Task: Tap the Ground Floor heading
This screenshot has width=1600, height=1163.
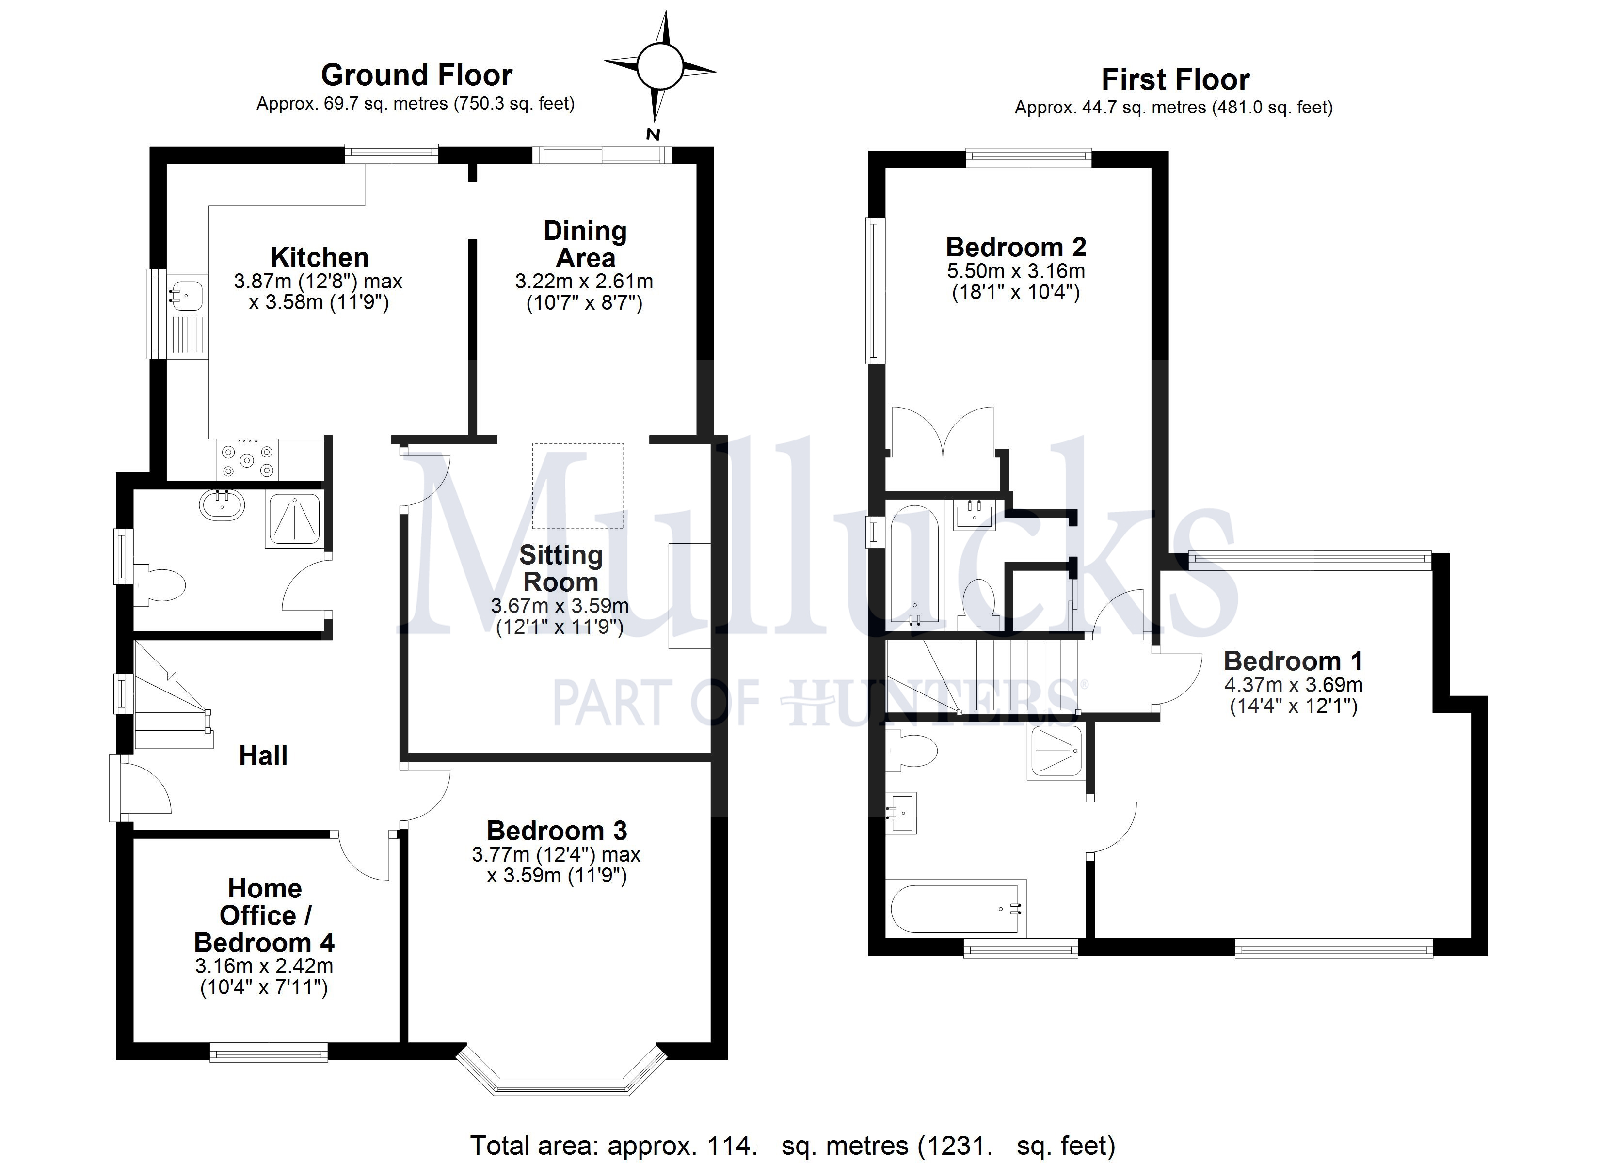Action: pos(416,75)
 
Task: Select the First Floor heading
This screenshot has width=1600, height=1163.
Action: pos(1175,79)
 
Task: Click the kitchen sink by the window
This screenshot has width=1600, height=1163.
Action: pos(187,293)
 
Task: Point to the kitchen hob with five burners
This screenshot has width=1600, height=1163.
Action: pos(246,460)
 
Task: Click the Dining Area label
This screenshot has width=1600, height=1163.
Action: pos(585,244)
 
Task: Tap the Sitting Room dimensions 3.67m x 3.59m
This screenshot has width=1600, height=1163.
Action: pos(560,605)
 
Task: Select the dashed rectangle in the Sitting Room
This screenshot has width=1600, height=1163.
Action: pos(578,486)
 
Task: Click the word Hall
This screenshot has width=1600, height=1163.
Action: pos(263,755)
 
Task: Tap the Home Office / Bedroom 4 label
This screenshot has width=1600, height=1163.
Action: pos(265,915)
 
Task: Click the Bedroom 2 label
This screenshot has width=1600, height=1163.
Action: pos(1015,247)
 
